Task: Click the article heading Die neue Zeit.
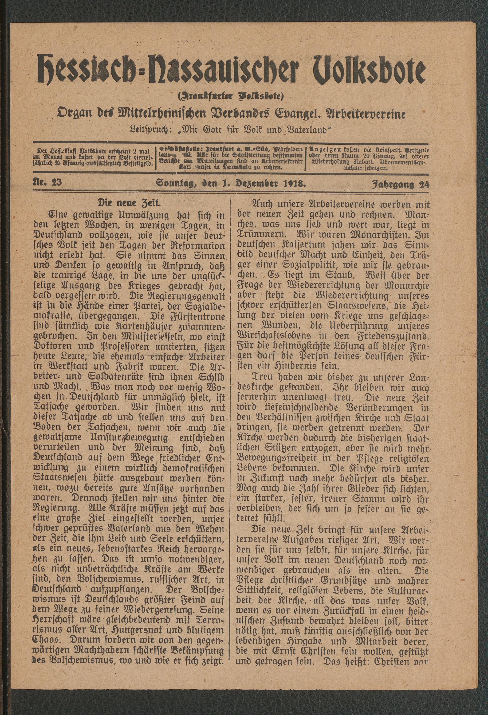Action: click(x=128, y=203)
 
